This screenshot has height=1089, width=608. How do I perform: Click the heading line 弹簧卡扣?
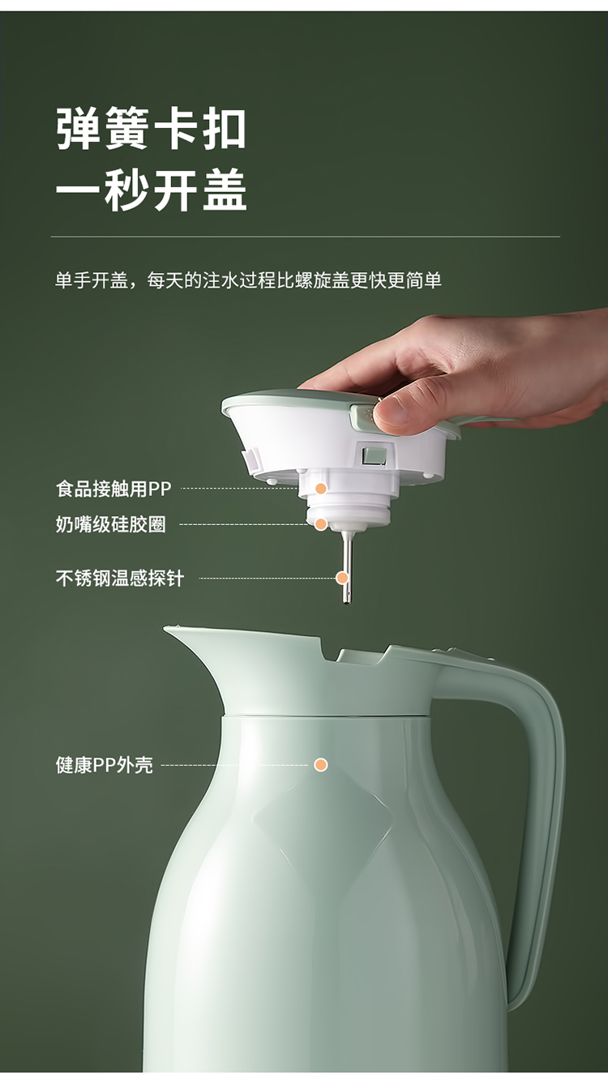click(x=152, y=129)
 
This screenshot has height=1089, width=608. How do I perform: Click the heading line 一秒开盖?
click(x=152, y=190)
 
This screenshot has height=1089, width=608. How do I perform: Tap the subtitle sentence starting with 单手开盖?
click(x=248, y=280)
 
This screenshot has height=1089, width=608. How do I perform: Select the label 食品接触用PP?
click(x=113, y=489)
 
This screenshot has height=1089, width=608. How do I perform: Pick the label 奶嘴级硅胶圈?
click(x=111, y=524)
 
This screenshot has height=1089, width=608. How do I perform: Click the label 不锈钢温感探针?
click(x=120, y=578)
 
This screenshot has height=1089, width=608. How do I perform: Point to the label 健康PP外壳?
click(x=104, y=765)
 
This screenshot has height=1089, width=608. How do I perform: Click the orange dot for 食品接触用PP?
click(x=320, y=489)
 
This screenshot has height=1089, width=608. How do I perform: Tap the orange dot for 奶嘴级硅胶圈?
click(x=320, y=524)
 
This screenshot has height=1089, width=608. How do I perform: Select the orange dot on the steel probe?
click(x=342, y=578)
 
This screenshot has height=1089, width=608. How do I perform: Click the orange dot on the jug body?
click(x=320, y=765)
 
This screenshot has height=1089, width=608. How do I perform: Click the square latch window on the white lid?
click(x=374, y=454)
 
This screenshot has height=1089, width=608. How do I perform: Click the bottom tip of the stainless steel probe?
click(x=346, y=603)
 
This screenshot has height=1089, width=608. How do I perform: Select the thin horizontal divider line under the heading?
click(x=306, y=237)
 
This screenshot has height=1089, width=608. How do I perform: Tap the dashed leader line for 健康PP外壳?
click(x=235, y=765)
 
